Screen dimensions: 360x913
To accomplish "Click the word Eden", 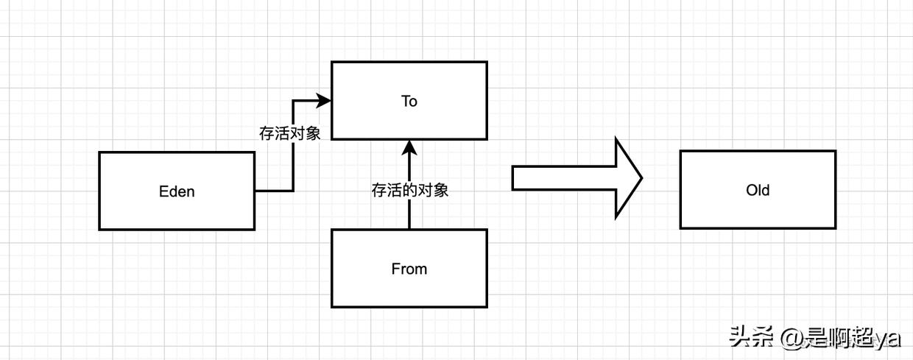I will [x=177, y=191].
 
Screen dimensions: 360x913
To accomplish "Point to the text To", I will [x=409, y=101].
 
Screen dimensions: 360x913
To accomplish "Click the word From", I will [x=409, y=269].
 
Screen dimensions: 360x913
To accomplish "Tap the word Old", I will [x=757, y=190].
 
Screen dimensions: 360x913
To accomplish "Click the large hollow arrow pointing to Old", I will [x=574, y=178].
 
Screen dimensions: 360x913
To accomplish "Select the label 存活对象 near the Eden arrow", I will [x=290, y=134].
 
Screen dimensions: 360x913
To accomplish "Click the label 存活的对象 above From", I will [x=409, y=190].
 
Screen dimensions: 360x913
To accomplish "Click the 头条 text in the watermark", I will [x=751, y=337].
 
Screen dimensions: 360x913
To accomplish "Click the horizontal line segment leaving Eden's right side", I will [x=273, y=191].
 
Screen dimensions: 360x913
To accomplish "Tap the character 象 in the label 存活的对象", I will [x=440, y=190].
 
